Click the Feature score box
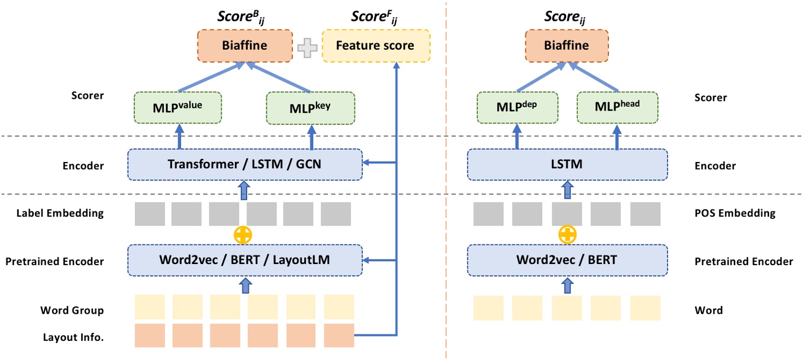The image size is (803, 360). (375, 46)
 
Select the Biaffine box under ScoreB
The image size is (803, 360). (244, 46)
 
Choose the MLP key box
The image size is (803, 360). (310, 108)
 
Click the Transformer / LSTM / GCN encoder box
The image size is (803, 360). (245, 165)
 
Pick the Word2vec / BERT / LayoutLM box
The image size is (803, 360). (245, 260)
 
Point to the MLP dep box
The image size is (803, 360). (517, 108)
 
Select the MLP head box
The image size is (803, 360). (617, 108)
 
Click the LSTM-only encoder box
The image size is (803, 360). (566, 165)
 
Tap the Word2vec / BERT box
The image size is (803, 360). (566, 260)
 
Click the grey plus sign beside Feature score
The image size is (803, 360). (308, 47)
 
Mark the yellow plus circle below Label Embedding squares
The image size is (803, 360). (243, 235)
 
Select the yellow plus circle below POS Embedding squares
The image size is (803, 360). (567, 235)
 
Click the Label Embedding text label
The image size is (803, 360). (60, 213)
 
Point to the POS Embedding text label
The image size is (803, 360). (735, 213)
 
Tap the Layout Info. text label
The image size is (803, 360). (73, 338)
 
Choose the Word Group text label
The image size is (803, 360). (72, 310)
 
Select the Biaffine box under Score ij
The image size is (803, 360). (566, 46)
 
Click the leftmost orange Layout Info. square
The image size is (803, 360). (150, 335)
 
